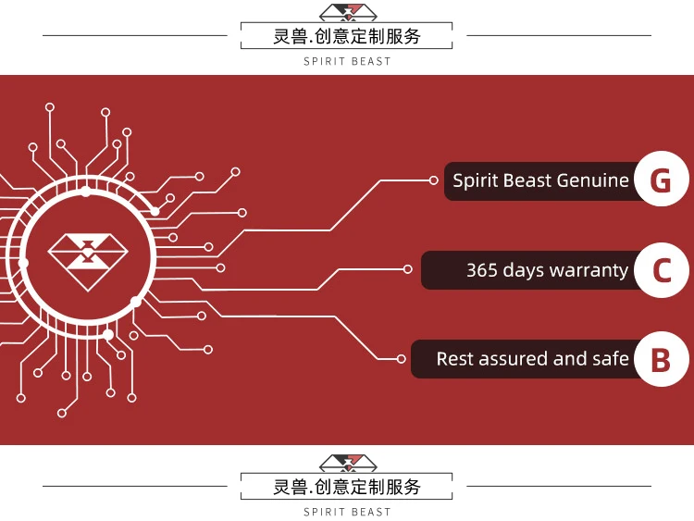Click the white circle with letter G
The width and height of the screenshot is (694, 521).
click(x=661, y=180)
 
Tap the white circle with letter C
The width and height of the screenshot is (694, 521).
click(x=662, y=270)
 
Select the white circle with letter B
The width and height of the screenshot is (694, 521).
click(x=661, y=359)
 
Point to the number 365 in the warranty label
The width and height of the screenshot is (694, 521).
click(x=482, y=270)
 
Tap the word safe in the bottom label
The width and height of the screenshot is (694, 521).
click(x=610, y=358)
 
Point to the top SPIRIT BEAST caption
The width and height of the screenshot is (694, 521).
click(x=347, y=62)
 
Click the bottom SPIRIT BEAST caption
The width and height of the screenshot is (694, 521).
click(x=347, y=512)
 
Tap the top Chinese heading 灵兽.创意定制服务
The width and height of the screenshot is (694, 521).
click(x=347, y=36)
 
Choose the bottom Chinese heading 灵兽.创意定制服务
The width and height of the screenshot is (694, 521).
click(x=347, y=487)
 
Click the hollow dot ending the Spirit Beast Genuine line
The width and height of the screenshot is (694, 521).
click(x=434, y=180)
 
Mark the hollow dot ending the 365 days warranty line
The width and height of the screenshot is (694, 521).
click(x=408, y=269)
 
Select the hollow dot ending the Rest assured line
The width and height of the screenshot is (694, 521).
click(x=401, y=358)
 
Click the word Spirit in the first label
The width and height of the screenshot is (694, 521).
click(x=476, y=180)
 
